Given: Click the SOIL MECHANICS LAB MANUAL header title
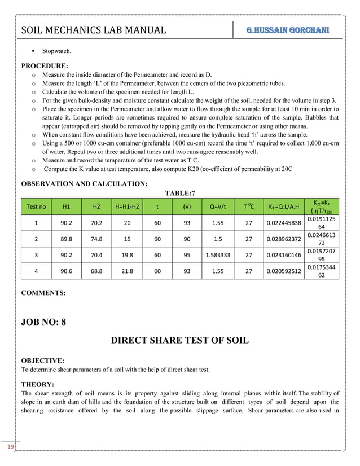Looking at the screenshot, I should (x=93, y=30).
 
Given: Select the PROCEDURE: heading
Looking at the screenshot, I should (x=45, y=65).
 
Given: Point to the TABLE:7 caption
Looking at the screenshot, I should (x=179, y=193).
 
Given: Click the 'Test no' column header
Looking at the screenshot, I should (x=37, y=206).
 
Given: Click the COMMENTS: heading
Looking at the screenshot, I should (x=43, y=293).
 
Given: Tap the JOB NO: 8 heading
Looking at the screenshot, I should (x=43, y=322).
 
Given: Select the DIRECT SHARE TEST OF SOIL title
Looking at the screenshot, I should (x=179, y=341).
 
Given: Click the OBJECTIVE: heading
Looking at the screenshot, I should (x=42, y=359).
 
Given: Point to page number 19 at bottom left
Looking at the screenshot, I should (x=10, y=447).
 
